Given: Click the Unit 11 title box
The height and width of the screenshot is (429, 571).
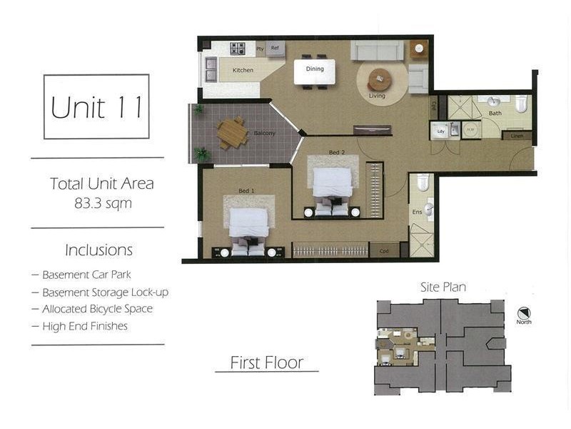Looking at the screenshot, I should pos(96,107).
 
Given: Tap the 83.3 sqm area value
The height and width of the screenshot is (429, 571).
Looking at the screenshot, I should pos(103,202).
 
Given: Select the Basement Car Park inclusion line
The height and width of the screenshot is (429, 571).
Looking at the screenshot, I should pos(86,275).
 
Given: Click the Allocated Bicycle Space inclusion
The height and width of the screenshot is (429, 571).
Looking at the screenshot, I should pos(97,309).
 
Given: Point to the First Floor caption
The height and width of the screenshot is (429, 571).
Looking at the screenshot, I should pos(266,363).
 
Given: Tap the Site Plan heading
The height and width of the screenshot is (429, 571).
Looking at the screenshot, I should pos(443,287).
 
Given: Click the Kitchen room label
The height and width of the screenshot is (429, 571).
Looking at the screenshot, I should pos(243,70).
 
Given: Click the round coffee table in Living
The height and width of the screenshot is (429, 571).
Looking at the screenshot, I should pos(380,76).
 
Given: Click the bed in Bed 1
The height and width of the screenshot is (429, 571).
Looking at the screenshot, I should pos(248,224).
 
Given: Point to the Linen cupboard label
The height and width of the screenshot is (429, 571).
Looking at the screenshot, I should pos(517,136).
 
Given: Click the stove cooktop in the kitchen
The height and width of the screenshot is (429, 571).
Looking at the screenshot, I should pos(237,49).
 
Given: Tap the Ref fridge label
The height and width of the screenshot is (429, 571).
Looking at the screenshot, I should pos(274,48).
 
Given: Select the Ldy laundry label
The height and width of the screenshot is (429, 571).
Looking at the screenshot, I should pos(441,131).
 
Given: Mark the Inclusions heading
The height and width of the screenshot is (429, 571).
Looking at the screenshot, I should pos(99,251).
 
